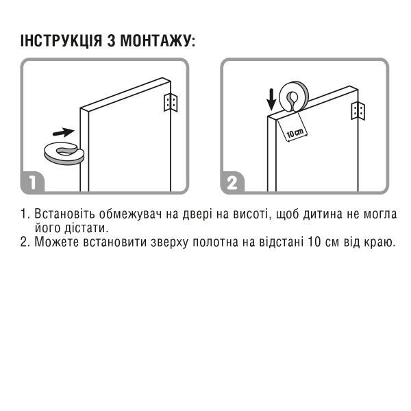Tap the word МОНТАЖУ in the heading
click(158, 41)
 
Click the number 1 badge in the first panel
click(35, 183)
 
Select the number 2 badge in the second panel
click(234, 183)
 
